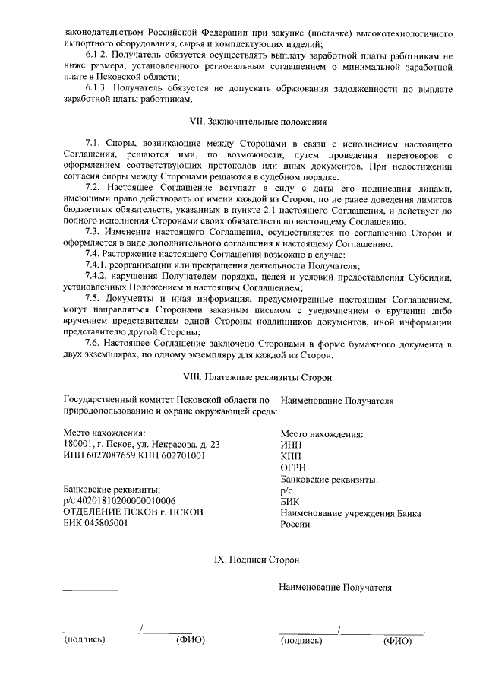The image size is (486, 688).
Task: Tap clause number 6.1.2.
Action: coord(96,55)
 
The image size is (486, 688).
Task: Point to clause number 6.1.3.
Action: coord(96,88)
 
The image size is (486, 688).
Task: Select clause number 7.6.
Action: coord(93,344)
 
